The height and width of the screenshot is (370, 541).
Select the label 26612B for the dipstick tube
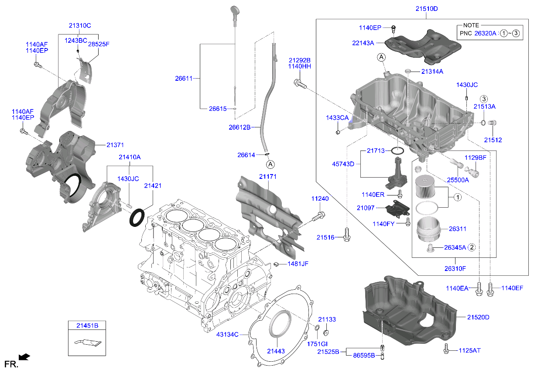[240, 127]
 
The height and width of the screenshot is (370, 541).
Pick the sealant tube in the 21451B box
[87, 343]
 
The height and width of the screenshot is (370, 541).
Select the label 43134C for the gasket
[228, 335]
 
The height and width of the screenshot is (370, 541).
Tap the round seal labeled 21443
[280, 325]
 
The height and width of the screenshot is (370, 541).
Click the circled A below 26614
[270, 164]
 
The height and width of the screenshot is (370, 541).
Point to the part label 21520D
[478, 317]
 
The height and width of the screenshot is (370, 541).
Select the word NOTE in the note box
[471, 25]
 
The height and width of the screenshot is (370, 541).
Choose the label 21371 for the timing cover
[104, 144]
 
